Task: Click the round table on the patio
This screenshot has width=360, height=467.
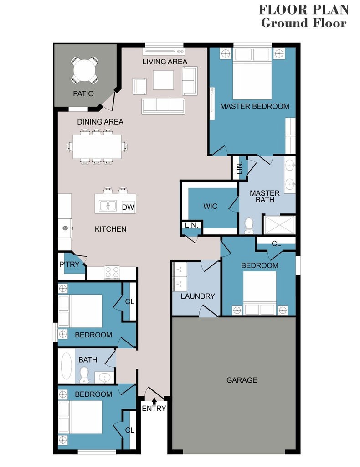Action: tap(85, 71)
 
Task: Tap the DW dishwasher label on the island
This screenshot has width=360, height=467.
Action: tap(128, 208)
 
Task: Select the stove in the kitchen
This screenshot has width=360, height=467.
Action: tap(112, 273)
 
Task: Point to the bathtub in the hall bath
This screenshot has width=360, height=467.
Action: tap(67, 366)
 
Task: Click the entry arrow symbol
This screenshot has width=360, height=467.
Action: tap(154, 400)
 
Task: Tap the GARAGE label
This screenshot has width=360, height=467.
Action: tap(242, 380)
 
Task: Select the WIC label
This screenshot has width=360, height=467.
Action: tap(210, 207)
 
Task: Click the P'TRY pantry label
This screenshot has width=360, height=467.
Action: tap(69, 265)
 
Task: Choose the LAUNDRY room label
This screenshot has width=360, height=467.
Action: tap(197, 296)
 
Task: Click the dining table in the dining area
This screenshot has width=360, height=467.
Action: tap(97, 146)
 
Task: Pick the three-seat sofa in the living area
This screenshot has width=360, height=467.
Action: tap(163, 105)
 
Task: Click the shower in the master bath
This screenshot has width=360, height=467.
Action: tap(278, 225)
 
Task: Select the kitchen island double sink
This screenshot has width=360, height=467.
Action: tap(108, 206)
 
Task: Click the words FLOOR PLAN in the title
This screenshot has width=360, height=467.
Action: tap(304, 9)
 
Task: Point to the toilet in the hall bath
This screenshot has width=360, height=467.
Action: tap(84, 375)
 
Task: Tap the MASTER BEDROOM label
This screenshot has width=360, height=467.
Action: tap(254, 106)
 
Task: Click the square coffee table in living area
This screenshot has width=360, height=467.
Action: tap(163, 80)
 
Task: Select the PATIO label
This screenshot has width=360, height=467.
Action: tap(83, 94)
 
